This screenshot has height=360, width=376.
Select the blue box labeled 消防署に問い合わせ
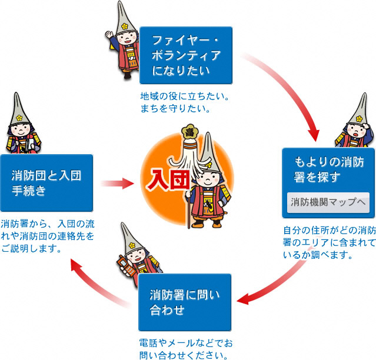184,302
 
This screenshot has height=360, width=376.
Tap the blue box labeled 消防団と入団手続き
46,183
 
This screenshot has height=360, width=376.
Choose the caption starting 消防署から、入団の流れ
48,236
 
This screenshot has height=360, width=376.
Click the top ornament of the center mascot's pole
190,129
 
